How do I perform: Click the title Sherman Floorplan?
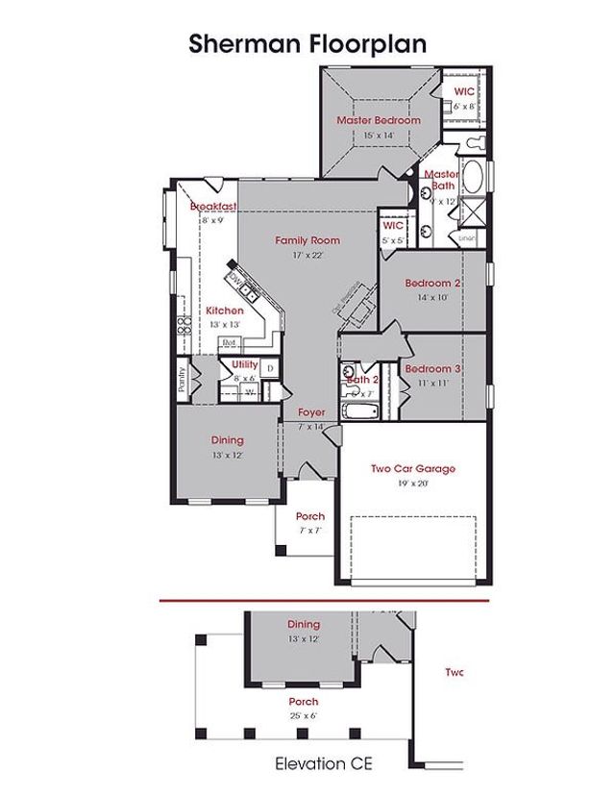(x=307, y=43)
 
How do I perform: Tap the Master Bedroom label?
(x=379, y=120)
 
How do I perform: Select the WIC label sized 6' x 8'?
(x=464, y=90)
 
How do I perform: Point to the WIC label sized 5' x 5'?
(x=392, y=225)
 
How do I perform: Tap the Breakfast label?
(x=212, y=207)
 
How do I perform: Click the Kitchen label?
(x=225, y=311)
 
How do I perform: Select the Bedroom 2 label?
(x=432, y=284)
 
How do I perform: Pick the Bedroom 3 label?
(x=432, y=369)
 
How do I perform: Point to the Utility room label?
(x=244, y=364)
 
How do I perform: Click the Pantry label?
(x=181, y=380)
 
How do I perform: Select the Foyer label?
(x=311, y=412)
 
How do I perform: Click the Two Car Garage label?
(x=412, y=469)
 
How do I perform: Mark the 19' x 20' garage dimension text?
(x=412, y=484)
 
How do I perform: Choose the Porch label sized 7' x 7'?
(x=309, y=516)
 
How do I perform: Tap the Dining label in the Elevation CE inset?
(x=304, y=625)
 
